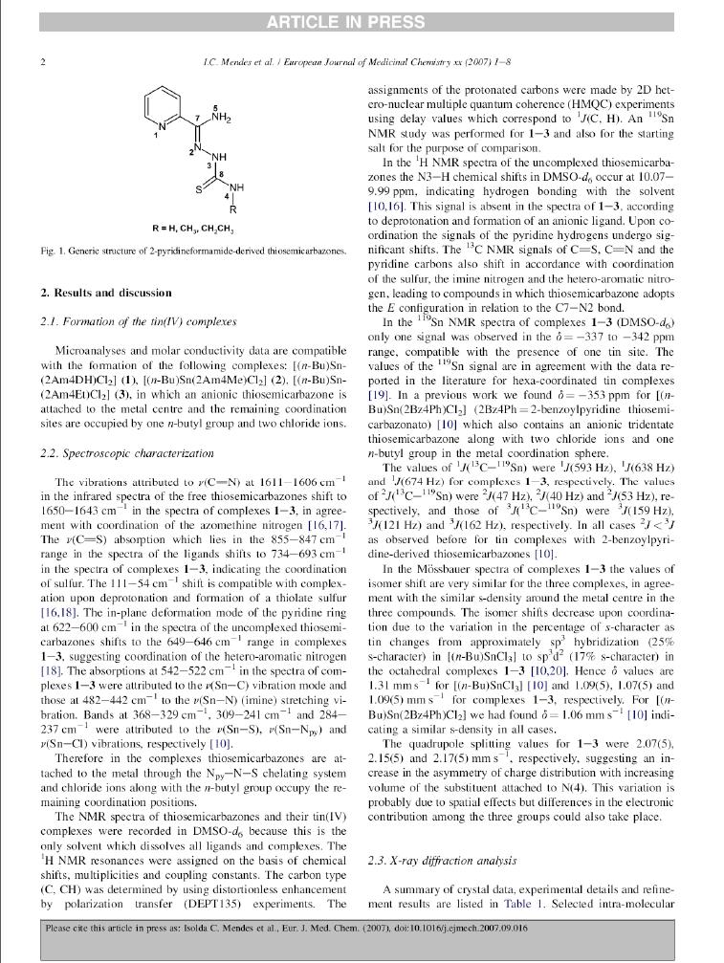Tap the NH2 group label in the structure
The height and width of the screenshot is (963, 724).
point(220,119)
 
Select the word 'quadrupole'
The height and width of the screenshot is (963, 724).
point(430,741)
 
